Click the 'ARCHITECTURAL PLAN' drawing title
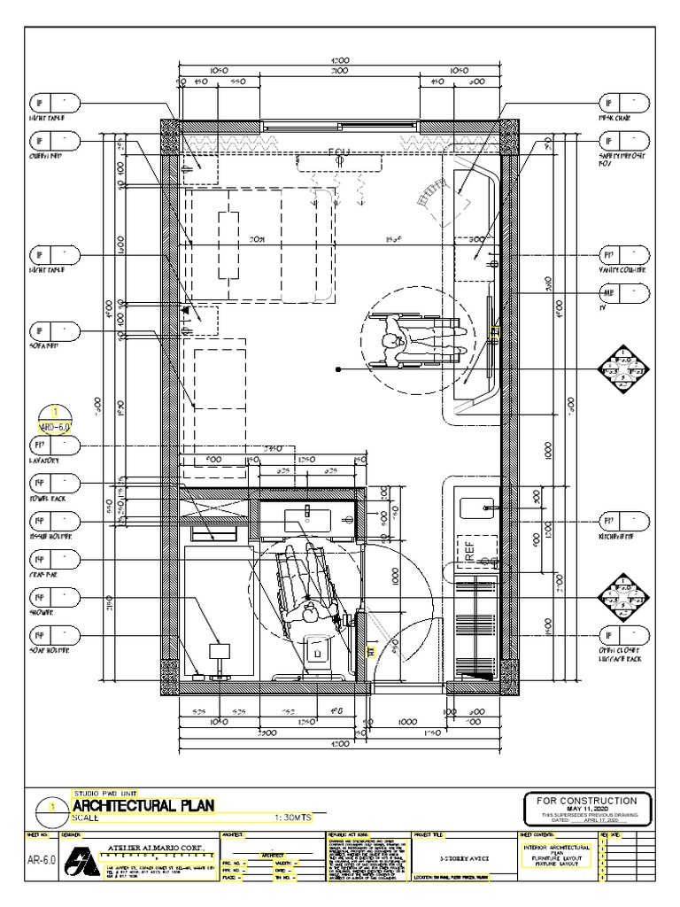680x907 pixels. [143, 806]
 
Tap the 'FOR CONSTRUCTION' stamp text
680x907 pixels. [593, 800]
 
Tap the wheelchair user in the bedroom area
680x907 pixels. [412, 340]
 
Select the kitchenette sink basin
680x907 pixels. [478, 508]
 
